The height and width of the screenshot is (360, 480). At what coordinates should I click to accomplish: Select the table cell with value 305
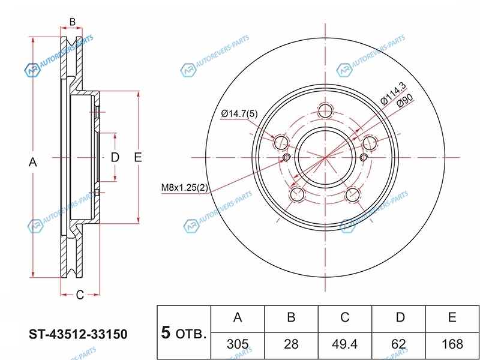(238, 344)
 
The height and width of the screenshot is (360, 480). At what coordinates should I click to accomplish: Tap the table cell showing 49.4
(345, 344)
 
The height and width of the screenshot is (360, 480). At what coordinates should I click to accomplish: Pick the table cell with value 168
(452, 344)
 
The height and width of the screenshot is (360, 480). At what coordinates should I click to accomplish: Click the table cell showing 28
(291, 344)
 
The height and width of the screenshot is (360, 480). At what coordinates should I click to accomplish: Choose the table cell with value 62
(398, 344)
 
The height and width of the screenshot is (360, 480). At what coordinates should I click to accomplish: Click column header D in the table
(398, 318)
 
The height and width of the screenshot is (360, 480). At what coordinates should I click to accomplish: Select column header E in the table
(452, 318)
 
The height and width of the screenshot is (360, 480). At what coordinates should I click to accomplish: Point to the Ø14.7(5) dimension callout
(239, 113)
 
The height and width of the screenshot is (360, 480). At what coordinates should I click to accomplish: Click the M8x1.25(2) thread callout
(184, 188)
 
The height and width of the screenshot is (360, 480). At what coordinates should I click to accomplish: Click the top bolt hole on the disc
(325, 110)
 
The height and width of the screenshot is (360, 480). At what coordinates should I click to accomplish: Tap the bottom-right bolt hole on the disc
(353, 194)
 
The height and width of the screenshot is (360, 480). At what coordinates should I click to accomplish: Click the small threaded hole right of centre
(364, 158)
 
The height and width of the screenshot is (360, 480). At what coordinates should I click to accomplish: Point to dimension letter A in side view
(33, 162)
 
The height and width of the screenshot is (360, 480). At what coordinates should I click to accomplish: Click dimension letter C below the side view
(79, 294)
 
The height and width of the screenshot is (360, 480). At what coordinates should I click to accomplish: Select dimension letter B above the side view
(72, 22)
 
